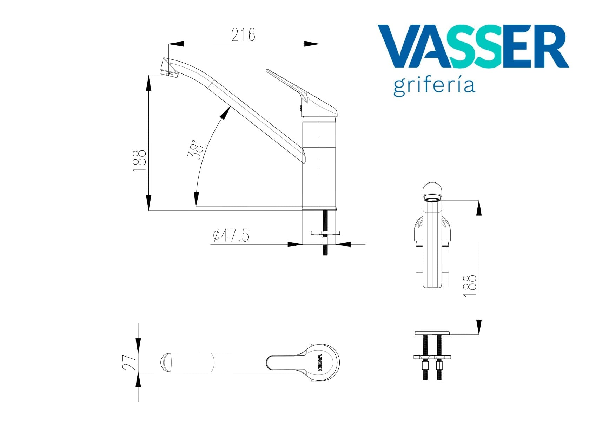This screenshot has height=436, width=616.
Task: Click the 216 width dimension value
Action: pyautogui.click(x=243, y=35)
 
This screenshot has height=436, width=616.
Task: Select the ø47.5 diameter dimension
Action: pyautogui.click(x=231, y=235)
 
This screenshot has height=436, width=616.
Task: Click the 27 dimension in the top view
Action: pyautogui.click(x=129, y=362)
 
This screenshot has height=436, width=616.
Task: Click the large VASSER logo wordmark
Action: pyautogui.click(x=473, y=46)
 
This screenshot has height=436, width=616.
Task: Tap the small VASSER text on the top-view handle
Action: pyautogui.click(x=320, y=363)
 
